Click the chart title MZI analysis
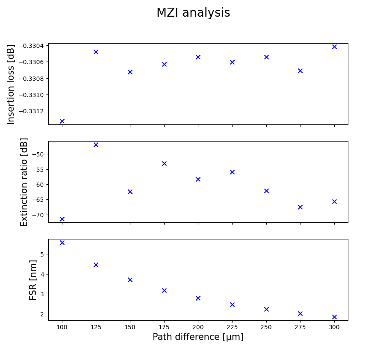pos(193,13)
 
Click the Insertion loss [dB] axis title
pos(11,84)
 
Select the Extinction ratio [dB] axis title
pos(24,182)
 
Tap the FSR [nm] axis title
pos(33,280)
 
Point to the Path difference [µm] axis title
pos(198,337)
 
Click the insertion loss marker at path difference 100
pos(62,121)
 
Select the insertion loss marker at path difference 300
pos(334,47)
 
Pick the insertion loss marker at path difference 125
pos(96,52)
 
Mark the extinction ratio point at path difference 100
pos(62,219)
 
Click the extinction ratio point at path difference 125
pos(96,145)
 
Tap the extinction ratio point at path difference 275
pos(300,207)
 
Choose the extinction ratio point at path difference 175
pos(164,163)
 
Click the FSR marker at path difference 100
pos(62,242)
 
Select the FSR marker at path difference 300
pos(334,317)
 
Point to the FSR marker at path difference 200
pos(198,298)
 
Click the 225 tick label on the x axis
pos(232,327)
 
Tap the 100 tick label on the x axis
pos(62,327)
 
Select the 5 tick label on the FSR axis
pos(42,254)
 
